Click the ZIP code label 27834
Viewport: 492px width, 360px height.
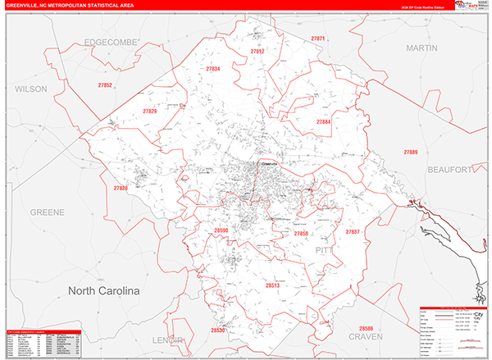coord(213,69)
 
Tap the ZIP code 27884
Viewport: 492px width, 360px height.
coord(324,121)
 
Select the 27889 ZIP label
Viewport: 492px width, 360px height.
coord(410,152)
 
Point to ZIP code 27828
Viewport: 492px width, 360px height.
coord(121,189)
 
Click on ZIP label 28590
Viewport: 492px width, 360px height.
coord(221,231)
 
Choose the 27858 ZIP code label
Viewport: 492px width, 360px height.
coord(301,234)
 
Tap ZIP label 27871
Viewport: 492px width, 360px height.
coord(318,39)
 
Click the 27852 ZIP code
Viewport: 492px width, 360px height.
coord(105,85)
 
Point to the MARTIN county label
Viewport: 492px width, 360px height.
coord(422,48)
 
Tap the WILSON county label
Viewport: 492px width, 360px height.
coord(31,88)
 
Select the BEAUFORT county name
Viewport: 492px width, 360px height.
coord(450,169)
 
